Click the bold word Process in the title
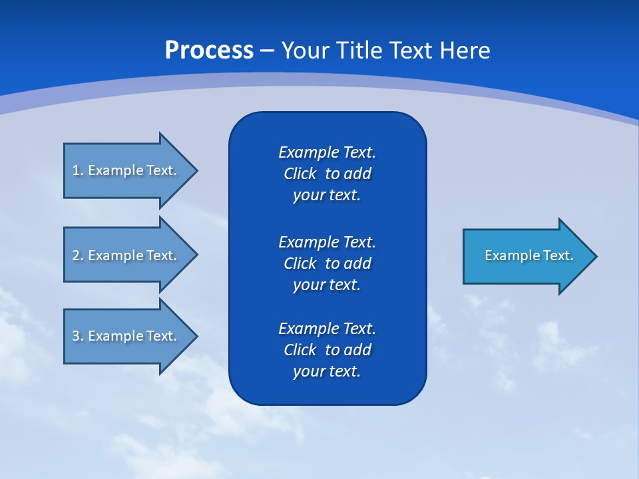(209, 51)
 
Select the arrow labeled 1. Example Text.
(126, 170)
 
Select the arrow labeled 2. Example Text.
(126, 255)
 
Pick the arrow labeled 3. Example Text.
(126, 336)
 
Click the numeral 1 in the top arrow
(76, 170)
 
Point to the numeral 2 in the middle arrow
(76, 255)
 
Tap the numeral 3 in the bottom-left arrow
(76, 336)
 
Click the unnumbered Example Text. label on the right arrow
(529, 255)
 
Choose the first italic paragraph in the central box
(327, 174)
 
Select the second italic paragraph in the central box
(327, 263)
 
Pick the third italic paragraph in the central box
(327, 350)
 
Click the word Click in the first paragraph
(300, 174)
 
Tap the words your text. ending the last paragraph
(327, 371)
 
